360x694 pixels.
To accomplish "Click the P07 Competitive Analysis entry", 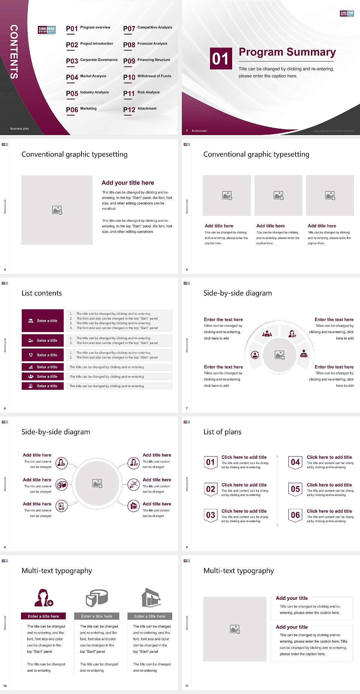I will (147, 29).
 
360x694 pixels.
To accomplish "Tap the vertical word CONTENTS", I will (14, 52).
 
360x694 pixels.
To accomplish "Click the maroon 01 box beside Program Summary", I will (220, 59).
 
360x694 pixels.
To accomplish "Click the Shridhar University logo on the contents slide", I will (47, 30).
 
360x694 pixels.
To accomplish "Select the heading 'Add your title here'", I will (127, 183).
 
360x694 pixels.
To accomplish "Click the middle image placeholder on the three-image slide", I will (278, 195).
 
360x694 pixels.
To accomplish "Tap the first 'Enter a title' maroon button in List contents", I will (43, 321).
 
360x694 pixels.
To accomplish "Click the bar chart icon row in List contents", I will (43, 367).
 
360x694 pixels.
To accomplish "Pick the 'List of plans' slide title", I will (222, 432).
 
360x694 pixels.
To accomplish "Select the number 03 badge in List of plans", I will (210, 515).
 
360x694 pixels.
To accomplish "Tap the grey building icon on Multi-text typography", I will (151, 598).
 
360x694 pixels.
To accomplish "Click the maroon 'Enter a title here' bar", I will (43, 616).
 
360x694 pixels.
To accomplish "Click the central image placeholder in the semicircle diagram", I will (280, 355).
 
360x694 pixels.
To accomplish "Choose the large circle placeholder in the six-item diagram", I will (97, 483).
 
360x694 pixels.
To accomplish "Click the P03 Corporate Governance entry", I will (91, 61).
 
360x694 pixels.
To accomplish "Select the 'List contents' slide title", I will (42, 293).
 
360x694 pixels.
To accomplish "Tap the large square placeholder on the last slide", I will (235, 629).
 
